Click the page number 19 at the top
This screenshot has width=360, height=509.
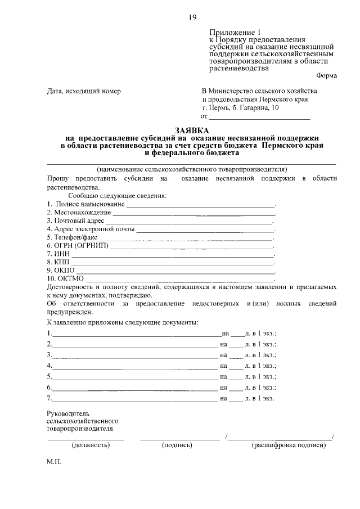(192, 17)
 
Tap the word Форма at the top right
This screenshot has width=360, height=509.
(326, 76)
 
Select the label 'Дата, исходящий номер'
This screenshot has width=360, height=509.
(84, 91)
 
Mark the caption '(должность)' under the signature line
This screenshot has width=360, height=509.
(90, 445)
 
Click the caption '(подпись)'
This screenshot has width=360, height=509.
(177, 445)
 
